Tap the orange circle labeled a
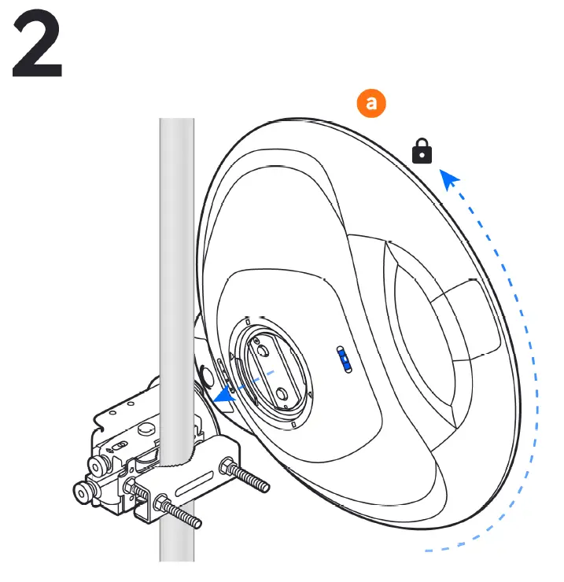click(x=371, y=103)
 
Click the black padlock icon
click(x=422, y=150)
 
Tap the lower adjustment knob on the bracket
click(x=83, y=493)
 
